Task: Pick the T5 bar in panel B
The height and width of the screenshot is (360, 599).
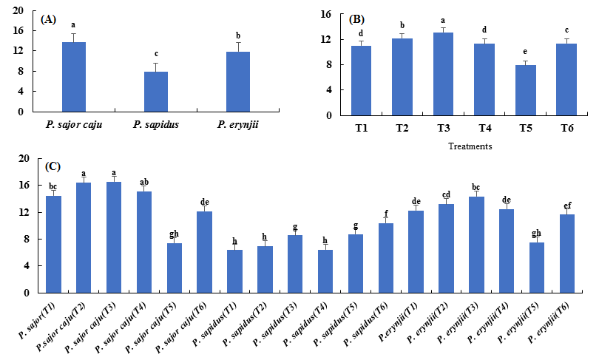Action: pyautogui.click(x=525, y=90)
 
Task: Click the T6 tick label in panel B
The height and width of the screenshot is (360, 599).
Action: pyautogui.click(x=566, y=127)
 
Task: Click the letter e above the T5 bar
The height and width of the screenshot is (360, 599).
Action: pyautogui.click(x=525, y=52)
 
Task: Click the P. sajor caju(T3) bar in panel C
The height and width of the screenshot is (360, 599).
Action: pyautogui.click(x=114, y=237)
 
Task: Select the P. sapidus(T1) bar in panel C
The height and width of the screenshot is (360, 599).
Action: pyautogui.click(x=234, y=271)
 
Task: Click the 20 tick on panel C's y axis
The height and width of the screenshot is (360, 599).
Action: pyautogui.click(x=23, y=158)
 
